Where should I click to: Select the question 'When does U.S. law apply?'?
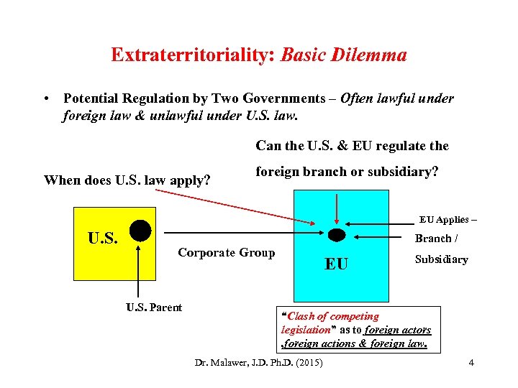[127, 180]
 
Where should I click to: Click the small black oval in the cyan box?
[336, 235]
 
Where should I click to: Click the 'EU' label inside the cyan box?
[336, 264]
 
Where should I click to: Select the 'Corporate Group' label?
[226, 252]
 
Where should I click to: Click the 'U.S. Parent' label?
[154, 308]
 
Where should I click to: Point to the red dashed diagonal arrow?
[237, 207]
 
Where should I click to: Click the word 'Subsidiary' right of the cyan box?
[441, 259]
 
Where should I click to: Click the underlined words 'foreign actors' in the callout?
[398, 330]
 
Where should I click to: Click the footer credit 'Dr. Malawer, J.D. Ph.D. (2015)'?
[259, 362]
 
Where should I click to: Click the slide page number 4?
[471, 362]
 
